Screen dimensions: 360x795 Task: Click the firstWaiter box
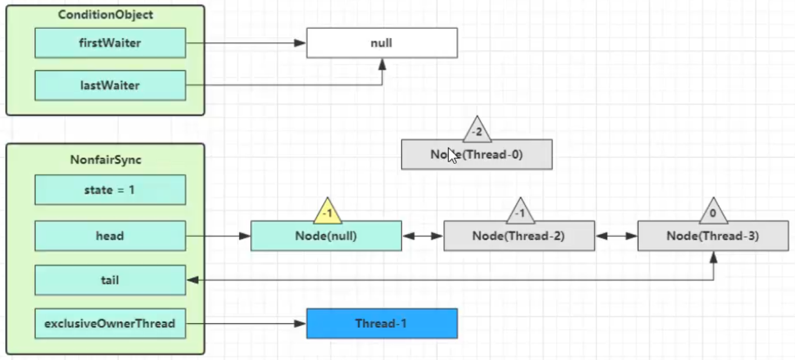[x=110, y=43]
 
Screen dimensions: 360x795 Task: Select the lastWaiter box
[x=110, y=86]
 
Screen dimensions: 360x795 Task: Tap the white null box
[x=381, y=43]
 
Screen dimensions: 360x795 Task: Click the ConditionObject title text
[x=105, y=15]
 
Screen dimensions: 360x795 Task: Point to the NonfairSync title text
[x=105, y=160]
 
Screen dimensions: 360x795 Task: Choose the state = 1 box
[x=110, y=190]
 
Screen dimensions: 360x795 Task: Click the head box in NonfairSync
[x=110, y=235]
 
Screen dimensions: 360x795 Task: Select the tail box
[x=110, y=280]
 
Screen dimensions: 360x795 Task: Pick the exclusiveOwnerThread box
[x=110, y=324]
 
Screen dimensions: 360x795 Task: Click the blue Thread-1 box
[x=381, y=324]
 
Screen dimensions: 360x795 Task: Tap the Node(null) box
[x=326, y=235]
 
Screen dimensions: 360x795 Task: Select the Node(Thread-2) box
[x=519, y=235]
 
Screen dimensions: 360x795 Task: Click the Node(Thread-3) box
[x=713, y=235]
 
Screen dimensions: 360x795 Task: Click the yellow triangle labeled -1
[x=328, y=212]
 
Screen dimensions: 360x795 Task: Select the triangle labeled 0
[x=713, y=213]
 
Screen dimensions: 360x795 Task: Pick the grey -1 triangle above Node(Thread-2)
[x=521, y=213]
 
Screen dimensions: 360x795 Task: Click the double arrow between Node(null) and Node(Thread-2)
[x=423, y=236]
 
